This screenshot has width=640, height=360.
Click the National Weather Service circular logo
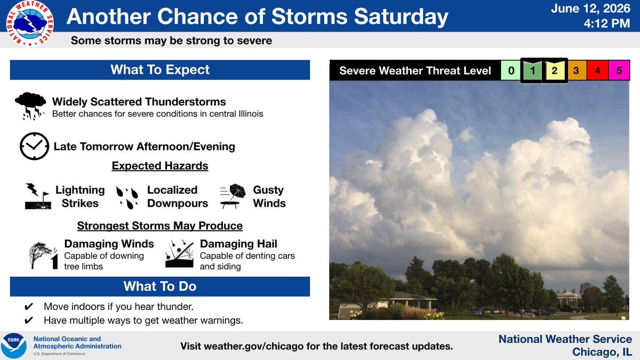pos(30,23)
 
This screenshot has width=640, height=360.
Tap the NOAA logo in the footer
pos(13,346)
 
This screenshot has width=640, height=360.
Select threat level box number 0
pos(511,70)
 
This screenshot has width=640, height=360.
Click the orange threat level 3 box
pos(577,70)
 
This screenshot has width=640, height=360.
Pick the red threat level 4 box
pos(597,70)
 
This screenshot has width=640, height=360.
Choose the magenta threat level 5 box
pos(619,70)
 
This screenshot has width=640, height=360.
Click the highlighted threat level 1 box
pos(532,70)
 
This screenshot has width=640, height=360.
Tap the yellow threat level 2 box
pos(555,70)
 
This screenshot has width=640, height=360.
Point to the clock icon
pos(34,146)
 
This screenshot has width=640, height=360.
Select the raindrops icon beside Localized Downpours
pos(127,197)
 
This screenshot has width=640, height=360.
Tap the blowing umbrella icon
pos(233,196)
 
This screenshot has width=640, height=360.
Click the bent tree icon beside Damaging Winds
pos(43,255)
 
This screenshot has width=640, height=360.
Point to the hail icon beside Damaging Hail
pos(179,254)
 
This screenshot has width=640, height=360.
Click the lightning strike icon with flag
pos(38,196)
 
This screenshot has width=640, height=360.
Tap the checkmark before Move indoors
pos(29,307)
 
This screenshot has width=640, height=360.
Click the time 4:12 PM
pos(607,23)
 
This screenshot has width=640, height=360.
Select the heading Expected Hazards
pos(160,166)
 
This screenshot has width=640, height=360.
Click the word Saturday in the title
pos(401,17)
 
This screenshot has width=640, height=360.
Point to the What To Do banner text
pos(160,286)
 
